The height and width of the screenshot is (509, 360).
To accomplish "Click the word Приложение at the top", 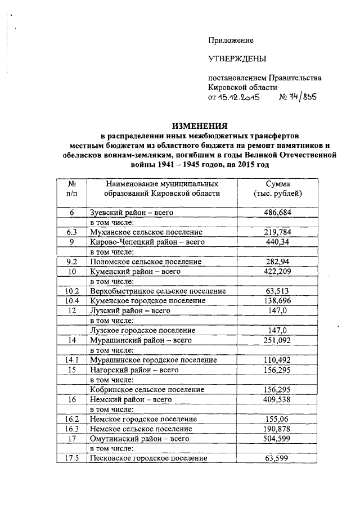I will click(x=231, y=40).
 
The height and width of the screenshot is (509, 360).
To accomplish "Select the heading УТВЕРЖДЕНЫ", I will click(x=237, y=58).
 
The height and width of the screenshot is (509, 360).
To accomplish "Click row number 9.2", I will click(x=72, y=262).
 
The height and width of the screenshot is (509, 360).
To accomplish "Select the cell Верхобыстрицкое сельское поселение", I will click(x=157, y=291).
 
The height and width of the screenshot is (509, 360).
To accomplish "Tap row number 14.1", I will click(x=72, y=360).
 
